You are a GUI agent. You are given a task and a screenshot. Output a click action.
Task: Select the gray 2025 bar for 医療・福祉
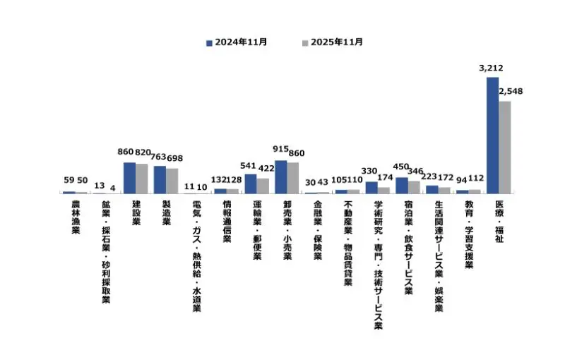click(505, 148)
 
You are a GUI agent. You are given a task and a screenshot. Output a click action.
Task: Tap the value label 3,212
click(491, 68)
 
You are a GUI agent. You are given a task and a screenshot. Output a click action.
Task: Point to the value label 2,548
click(511, 92)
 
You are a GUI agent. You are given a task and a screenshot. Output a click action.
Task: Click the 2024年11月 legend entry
click(237, 42)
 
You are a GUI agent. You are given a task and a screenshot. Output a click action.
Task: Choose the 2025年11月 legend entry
click(333, 42)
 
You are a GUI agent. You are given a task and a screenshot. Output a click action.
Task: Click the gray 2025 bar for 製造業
click(172, 181)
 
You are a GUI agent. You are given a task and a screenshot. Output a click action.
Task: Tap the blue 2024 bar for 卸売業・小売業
click(280, 177)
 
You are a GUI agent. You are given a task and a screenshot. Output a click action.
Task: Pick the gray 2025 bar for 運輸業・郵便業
click(263, 186)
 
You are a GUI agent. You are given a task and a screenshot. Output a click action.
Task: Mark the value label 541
click(249, 166)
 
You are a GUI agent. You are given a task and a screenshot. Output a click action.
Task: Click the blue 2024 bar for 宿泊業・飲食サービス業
click(401, 185)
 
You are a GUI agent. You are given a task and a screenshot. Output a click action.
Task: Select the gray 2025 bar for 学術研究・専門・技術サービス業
click(383, 190)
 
